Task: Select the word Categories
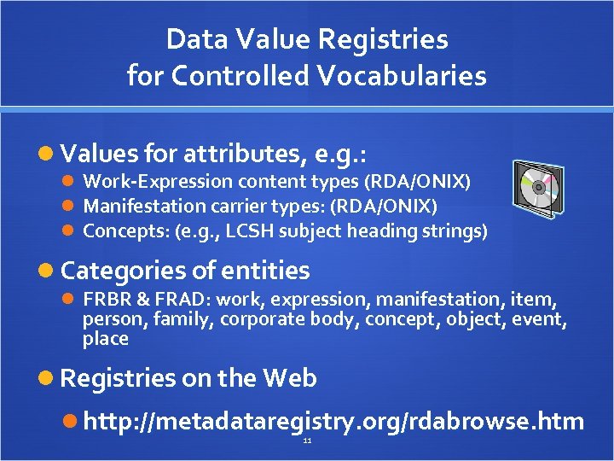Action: pyautogui.click(x=123, y=271)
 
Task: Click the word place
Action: pyautogui.click(x=105, y=339)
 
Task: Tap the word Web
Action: pyautogui.click(x=290, y=378)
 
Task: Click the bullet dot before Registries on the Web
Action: pyautogui.click(x=49, y=378)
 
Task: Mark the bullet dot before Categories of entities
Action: pyautogui.click(x=49, y=271)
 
